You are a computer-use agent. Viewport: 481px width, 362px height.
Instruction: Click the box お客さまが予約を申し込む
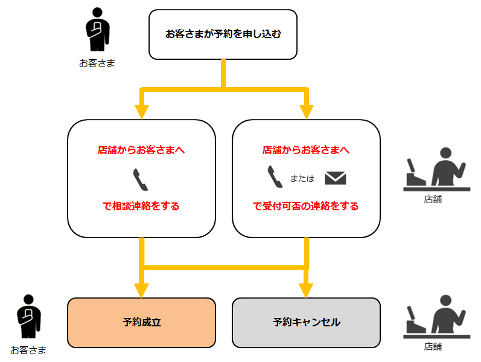pyautogui.click(x=223, y=34)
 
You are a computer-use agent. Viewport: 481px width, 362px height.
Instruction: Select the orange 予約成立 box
pyautogui.click(x=141, y=323)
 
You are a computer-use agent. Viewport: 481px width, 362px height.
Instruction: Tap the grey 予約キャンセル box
pyautogui.click(x=306, y=323)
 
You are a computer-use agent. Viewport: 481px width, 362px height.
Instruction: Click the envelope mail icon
pyautogui.click(x=335, y=178)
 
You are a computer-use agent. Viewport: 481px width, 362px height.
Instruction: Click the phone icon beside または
pyautogui.click(x=275, y=177)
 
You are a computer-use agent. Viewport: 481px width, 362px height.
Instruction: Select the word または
pyautogui.click(x=302, y=178)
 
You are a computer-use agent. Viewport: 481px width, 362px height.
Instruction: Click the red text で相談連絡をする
pyautogui.click(x=141, y=206)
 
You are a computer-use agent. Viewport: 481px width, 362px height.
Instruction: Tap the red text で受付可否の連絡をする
pyautogui.click(x=306, y=206)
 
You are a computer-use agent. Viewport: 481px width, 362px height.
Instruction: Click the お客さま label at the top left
pyautogui.click(x=97, y=63)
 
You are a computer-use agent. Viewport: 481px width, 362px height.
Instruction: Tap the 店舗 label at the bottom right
pyautogui.click(x=433, y=347)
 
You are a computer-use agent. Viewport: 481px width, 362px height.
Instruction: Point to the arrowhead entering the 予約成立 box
pyautogui.click(x=141, y=290)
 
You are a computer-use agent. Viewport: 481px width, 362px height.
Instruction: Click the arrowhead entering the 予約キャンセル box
pyautogui.click(x=306, y=290)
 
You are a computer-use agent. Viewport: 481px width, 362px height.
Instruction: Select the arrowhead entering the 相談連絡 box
pyautogui.click(x=141, y=112)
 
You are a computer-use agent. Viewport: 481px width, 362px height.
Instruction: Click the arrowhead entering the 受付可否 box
pyautogui.click(x=306, y=112)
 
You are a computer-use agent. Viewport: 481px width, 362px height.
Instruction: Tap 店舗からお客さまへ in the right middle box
pyautogui.click(x=306, y=150)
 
